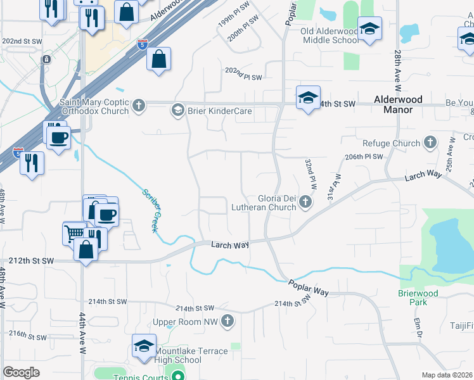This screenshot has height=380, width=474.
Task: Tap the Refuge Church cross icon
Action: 431,143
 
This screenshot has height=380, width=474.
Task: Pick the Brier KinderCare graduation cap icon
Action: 178,111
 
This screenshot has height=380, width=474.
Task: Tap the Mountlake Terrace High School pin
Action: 144,346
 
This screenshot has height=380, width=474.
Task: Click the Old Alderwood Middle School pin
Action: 369,29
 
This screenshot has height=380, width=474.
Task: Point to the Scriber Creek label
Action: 150,210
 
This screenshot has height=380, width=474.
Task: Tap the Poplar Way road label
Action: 309,288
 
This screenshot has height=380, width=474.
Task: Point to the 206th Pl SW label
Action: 364,156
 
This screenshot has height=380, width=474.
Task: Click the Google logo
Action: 21,372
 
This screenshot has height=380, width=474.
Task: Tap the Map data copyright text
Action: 447,375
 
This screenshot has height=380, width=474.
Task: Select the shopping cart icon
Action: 74,232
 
